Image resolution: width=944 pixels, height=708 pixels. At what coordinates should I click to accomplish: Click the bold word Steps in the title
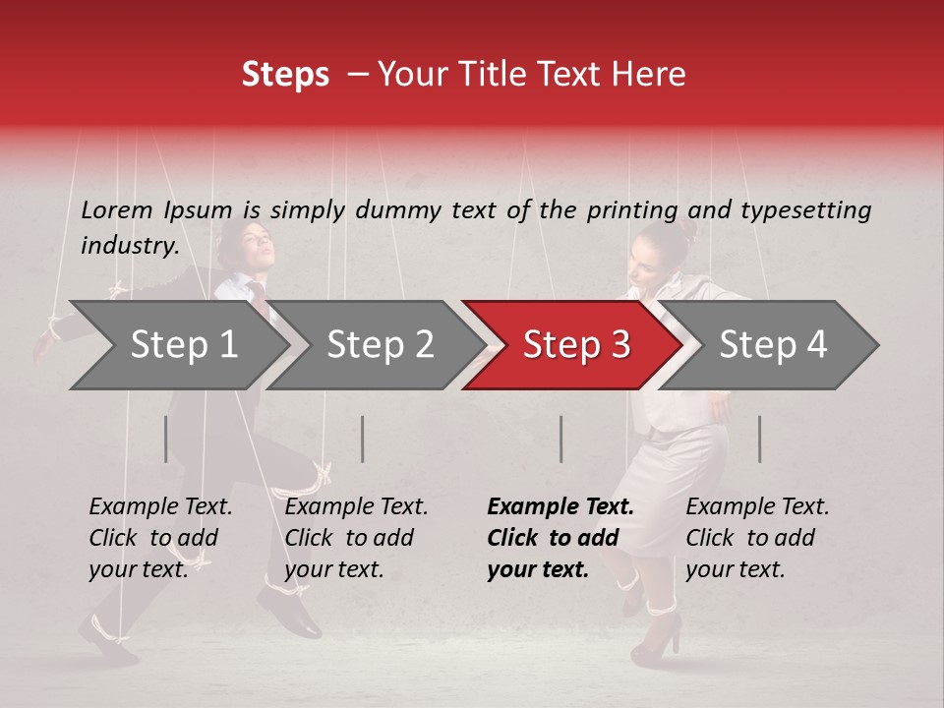point(285,75)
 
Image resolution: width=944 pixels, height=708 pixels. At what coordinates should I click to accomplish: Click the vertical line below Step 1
point(166,440)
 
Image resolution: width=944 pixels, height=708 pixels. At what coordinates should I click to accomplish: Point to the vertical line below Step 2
point(363,440)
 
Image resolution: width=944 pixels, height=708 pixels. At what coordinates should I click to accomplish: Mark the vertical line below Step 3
point(560,440)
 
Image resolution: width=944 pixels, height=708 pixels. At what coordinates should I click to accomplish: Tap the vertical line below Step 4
point(759,440)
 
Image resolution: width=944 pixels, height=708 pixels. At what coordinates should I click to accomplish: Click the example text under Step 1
point(160,538)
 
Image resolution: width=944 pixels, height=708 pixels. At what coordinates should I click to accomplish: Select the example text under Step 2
point(356,538)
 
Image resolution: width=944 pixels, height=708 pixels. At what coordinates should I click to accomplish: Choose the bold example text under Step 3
point(560,538)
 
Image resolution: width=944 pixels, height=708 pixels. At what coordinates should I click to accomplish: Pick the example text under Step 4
point(757,538)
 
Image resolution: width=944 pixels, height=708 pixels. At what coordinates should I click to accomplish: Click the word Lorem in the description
point(116,209)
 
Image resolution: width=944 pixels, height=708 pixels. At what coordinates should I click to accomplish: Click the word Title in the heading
point(501,75)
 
